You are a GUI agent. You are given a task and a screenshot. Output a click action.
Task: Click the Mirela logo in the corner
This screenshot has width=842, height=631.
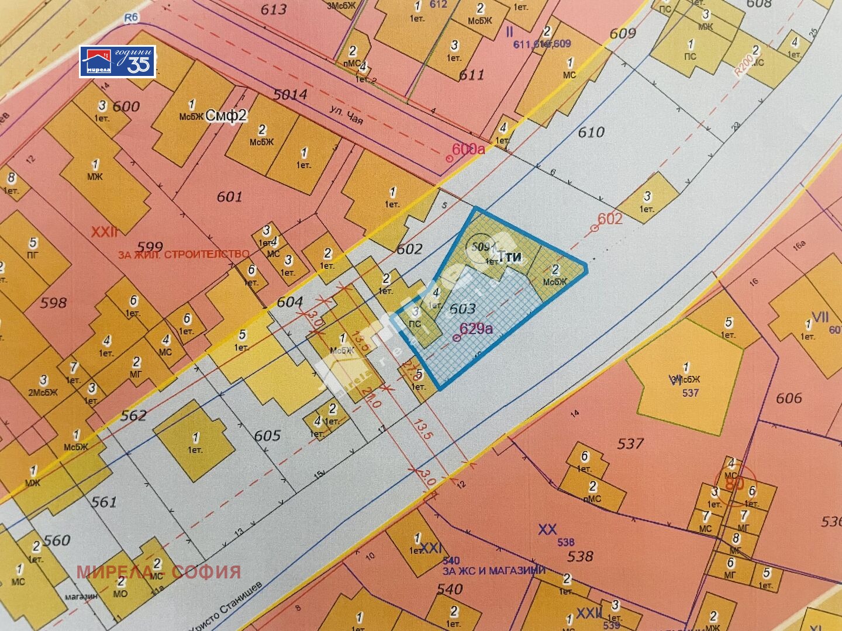click(118, 61)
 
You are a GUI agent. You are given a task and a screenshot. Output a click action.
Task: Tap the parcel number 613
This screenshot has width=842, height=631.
click(274, 9)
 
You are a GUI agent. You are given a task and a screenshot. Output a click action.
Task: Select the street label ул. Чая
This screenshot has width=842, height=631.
click(346, 115)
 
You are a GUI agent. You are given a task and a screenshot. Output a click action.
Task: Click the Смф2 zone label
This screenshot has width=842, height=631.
click(227, 116)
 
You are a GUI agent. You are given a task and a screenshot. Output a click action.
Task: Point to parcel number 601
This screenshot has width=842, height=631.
click(229, 197)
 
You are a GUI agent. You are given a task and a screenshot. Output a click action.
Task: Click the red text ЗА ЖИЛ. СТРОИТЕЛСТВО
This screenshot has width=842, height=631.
click(184, 255)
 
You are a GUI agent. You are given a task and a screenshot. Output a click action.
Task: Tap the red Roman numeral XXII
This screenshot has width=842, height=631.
click(105, 232)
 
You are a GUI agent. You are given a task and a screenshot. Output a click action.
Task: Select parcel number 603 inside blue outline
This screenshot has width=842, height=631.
click(463, 308)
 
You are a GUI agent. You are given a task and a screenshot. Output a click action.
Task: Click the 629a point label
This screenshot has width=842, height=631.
click(476, 328)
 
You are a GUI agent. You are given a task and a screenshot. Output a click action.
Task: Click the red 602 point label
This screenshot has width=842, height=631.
click(610, 219)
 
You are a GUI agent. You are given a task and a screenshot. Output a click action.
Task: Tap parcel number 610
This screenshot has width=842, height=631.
click(591, 133)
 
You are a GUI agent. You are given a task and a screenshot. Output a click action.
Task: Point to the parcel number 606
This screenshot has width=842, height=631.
click(788, 398)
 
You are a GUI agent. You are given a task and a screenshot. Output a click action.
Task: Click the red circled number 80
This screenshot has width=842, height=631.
click(734, 483)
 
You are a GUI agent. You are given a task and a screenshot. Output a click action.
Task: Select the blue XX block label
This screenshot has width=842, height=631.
click(547, 529)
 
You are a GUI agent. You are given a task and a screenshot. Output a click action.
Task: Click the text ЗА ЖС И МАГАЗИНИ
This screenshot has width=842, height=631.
click(494, 571)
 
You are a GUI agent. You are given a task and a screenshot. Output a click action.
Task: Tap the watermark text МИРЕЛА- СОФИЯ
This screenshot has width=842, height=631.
click(159, 571)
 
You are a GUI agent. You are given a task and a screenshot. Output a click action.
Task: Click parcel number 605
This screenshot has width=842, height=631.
click(267, 436)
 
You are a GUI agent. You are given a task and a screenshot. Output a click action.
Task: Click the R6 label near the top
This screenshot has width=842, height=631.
click(131, 18)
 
